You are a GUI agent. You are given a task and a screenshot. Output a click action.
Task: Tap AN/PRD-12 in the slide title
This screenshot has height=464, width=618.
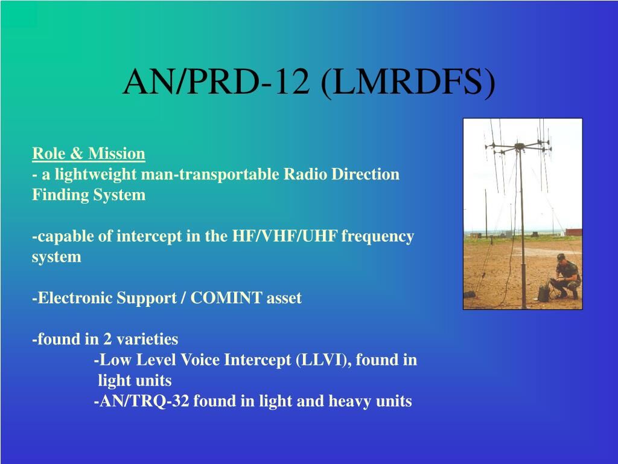[216, 82]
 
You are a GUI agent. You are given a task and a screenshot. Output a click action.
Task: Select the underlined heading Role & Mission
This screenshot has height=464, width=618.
[89, 153]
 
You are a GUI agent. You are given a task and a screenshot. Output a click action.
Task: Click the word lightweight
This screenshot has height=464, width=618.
[95, 175]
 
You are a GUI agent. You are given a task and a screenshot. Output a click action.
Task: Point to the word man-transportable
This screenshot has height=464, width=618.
[209, 174]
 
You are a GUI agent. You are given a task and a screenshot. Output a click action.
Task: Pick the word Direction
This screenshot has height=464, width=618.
[365, 174]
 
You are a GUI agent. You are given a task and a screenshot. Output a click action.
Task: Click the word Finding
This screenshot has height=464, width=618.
[60, 195]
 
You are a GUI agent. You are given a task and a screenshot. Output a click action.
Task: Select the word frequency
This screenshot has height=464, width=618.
[378, 237]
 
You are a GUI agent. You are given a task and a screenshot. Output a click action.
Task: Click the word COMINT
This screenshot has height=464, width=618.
[226, 298]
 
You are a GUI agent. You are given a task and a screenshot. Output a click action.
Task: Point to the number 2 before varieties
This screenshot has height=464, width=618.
[107, 340]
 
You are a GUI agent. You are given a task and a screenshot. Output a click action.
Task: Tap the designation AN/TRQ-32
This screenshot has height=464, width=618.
[144, 401]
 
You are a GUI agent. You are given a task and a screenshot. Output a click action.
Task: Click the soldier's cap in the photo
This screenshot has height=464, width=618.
[561, 257]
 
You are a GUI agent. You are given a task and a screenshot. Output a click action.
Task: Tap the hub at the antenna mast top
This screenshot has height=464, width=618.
[520, 146]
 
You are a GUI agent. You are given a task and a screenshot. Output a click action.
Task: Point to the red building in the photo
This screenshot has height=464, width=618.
[574, 232]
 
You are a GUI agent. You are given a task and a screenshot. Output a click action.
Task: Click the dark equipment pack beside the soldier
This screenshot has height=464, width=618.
[544, 293]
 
